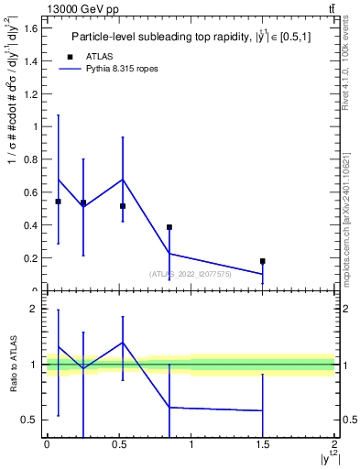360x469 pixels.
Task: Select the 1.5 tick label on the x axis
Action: tap(263, 444)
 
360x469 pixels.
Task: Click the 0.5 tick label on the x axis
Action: tap(118, 444)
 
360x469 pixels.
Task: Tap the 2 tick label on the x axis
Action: tap(334, 444)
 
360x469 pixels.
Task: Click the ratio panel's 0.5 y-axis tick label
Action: tap(34, 420)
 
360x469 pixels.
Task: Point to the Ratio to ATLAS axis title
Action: tap(14, 365)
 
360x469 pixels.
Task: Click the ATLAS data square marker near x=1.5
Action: tap(263, 261)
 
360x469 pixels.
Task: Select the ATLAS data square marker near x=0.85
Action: tap(169, 227)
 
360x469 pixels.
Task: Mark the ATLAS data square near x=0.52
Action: tap(123, 206)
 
